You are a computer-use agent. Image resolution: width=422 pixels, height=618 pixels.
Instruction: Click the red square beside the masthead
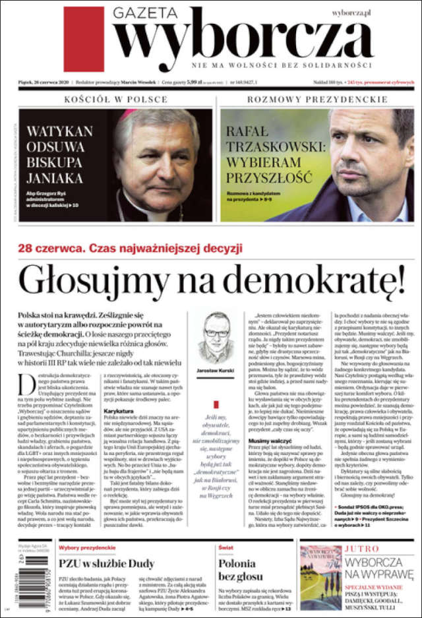coord(84,39)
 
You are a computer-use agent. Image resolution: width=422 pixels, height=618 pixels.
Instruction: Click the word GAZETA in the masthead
coord(145,13)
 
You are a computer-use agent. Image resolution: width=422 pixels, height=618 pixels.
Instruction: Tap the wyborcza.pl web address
coord(351,12)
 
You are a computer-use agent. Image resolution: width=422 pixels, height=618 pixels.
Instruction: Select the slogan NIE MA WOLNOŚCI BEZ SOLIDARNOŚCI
coord(282,66)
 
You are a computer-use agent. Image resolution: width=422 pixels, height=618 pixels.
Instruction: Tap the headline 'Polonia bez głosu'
coord(237,570)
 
